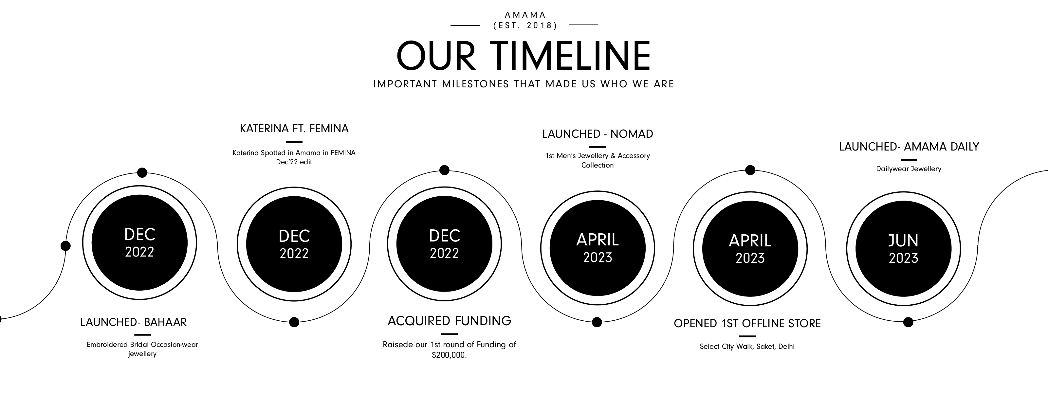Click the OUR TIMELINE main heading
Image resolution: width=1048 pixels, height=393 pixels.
point(524,55)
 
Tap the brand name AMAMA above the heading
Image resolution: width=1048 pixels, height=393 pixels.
point(525,15)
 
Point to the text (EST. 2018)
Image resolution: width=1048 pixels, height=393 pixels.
point(525,26)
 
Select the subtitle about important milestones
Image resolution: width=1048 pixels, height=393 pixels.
point(524,84)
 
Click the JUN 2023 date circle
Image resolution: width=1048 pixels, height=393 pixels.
point(903,249)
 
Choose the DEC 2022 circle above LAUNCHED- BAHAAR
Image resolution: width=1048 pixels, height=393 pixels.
point(139,243)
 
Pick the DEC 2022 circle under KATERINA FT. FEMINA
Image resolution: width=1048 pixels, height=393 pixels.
point(294,244)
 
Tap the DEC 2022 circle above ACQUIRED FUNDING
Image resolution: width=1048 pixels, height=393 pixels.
point(444,244)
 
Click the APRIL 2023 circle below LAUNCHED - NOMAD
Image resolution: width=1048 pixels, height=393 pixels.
point(598,248)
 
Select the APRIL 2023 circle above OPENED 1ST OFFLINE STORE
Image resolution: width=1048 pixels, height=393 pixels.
point(750,249)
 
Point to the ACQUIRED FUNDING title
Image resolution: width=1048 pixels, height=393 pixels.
point(449,321)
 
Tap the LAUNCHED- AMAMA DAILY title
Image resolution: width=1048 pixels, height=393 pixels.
point(909,147)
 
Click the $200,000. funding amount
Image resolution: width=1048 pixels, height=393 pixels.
point(449,355)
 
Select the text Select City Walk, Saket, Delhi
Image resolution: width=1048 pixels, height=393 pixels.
point(747,347)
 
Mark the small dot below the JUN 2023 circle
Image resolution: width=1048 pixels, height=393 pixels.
point(908,322)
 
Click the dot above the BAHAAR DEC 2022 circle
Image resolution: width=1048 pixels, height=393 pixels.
point(142,173)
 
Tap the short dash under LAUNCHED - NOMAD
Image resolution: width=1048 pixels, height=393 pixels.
point(598,147)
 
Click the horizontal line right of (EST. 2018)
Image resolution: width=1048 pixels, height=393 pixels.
point(583,25)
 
